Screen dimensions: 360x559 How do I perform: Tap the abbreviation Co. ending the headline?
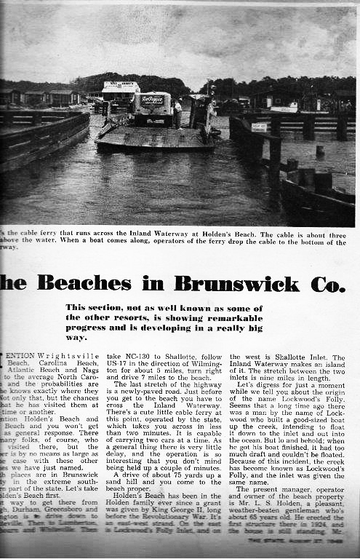coord(327,282)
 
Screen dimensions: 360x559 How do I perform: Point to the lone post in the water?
coord(320,151)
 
